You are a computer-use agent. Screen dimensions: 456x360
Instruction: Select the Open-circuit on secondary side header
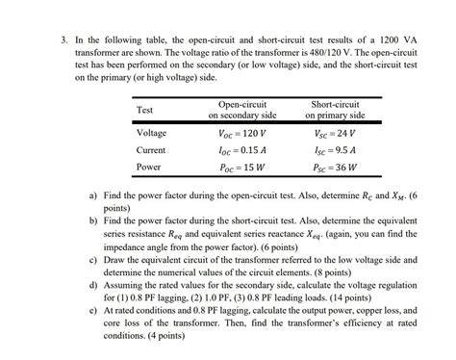coord(241,109)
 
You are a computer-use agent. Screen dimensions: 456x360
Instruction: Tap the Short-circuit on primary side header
coord(336,109)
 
